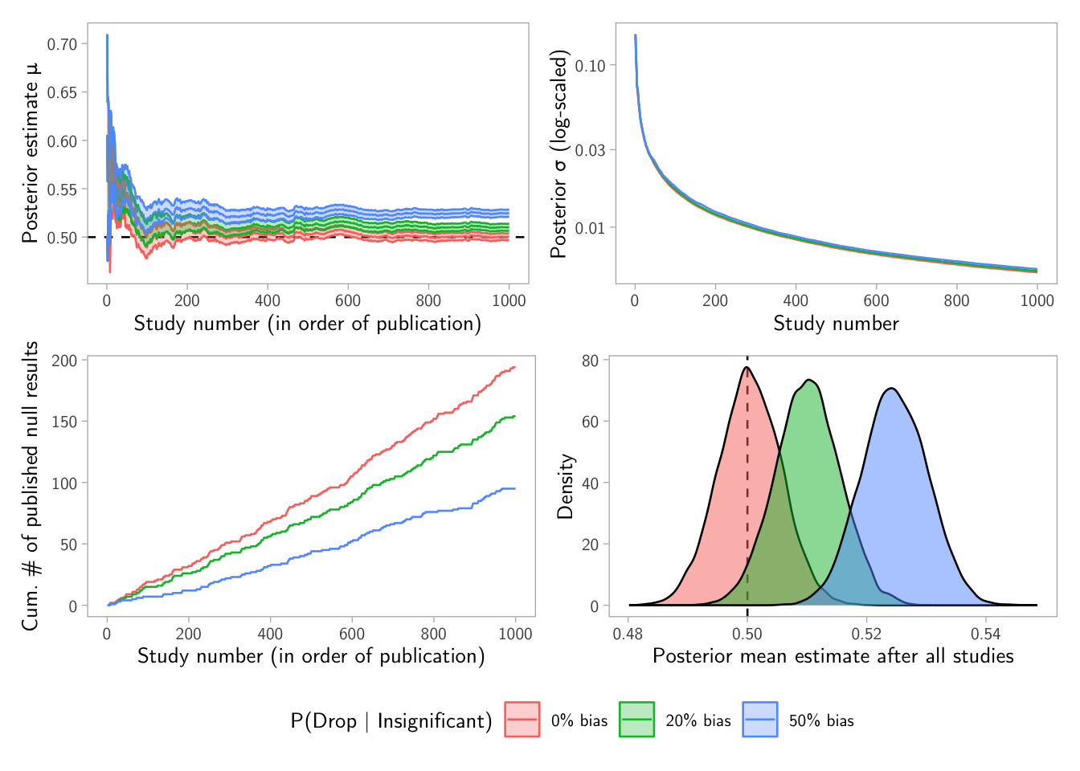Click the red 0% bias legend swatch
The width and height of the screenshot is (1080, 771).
coord(522,719)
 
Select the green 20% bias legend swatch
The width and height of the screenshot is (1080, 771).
coord(636,719)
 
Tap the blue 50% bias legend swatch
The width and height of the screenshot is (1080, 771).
coord(760,719)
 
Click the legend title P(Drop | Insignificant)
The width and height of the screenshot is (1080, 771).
coord(391,720)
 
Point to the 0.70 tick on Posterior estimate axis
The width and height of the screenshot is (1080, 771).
coord(62,44)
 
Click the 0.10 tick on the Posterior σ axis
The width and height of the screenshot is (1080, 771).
coord(590,65)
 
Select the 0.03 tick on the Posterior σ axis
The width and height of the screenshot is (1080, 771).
coord(590,150)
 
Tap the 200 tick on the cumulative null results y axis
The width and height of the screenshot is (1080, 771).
coord(64,361)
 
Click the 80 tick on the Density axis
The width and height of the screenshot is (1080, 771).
coord(591,361)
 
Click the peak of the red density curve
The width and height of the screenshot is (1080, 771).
coord(747,368)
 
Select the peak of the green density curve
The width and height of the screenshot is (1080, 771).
coord(809,379)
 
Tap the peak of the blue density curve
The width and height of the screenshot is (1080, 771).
coord(890,388)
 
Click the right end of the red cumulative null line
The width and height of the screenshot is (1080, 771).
coord(514,367)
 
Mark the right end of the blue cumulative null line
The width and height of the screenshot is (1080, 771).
coord(514,488)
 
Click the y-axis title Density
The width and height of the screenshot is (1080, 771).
coord(566,486)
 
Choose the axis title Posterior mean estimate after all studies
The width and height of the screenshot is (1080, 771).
coord(832,656)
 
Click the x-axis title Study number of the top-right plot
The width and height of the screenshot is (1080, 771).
coord(836,324)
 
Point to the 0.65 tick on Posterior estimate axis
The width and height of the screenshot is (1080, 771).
coord(62,92)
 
